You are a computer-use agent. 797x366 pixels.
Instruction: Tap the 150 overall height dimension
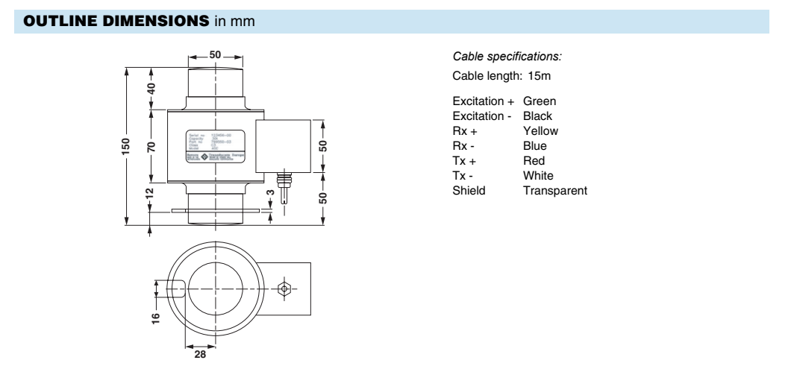[x=126, y=146]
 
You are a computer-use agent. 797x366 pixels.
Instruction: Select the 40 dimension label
[x=151, y=87]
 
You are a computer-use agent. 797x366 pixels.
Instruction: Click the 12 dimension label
[x=151, y=193]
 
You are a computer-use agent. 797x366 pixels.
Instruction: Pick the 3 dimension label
[x=271, y=193]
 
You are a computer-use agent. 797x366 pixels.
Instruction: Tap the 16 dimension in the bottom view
[x=155, y=318]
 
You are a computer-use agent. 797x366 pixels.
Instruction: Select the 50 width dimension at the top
[x=215, y=56]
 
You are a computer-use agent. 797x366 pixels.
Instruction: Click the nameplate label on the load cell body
[x=214, y=145]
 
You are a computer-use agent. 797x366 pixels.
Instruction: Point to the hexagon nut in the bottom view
[x=283, y=288]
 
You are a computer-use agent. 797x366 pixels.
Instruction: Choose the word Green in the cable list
[x=540, y=101]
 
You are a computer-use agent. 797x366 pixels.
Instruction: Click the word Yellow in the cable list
[x=541, y=130]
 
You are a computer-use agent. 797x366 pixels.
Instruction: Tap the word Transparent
[x=555, y=191]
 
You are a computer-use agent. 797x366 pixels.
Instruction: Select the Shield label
[x=469, y=191]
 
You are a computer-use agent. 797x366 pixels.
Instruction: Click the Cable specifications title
[x=507, y=57]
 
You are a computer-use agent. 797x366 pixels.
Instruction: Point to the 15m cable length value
[x=540, y=76]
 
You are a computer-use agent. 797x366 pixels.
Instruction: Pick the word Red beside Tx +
[x=534, y=160]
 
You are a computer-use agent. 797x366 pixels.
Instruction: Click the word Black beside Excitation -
[x=538, y=116]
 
